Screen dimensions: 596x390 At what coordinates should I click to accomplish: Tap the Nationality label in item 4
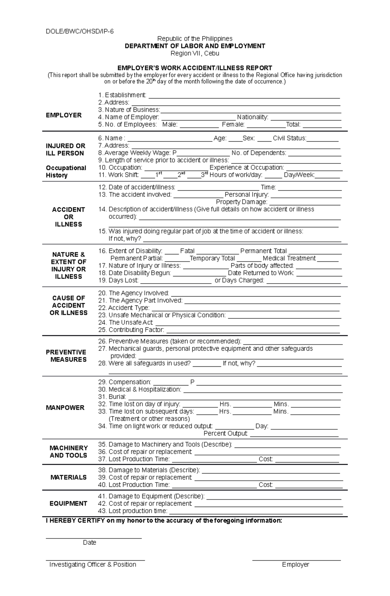[253, 117]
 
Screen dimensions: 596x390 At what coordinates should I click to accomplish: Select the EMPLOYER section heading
[64, 115]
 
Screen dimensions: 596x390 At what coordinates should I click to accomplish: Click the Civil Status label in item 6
[289, 138]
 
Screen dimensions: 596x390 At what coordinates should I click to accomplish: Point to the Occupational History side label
[66, 171]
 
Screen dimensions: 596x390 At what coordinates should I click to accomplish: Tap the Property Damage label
[241, 202]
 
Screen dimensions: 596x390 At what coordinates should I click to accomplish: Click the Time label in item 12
[268, 187]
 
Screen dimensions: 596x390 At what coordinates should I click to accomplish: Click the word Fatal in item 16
[187, 251]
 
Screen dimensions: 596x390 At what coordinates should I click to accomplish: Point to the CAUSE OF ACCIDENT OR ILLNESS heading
[69, 305]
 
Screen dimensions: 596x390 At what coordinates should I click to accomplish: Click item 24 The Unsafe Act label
[130, 323]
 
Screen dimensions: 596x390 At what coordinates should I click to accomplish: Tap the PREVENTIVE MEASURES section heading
[66, 356]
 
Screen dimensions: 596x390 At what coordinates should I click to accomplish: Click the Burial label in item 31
[117, 397]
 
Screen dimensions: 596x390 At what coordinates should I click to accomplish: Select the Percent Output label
[225, 434]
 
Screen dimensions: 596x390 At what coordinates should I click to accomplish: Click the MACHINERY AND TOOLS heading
[69, 451]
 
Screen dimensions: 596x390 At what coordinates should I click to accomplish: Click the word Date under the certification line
[89, 542]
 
